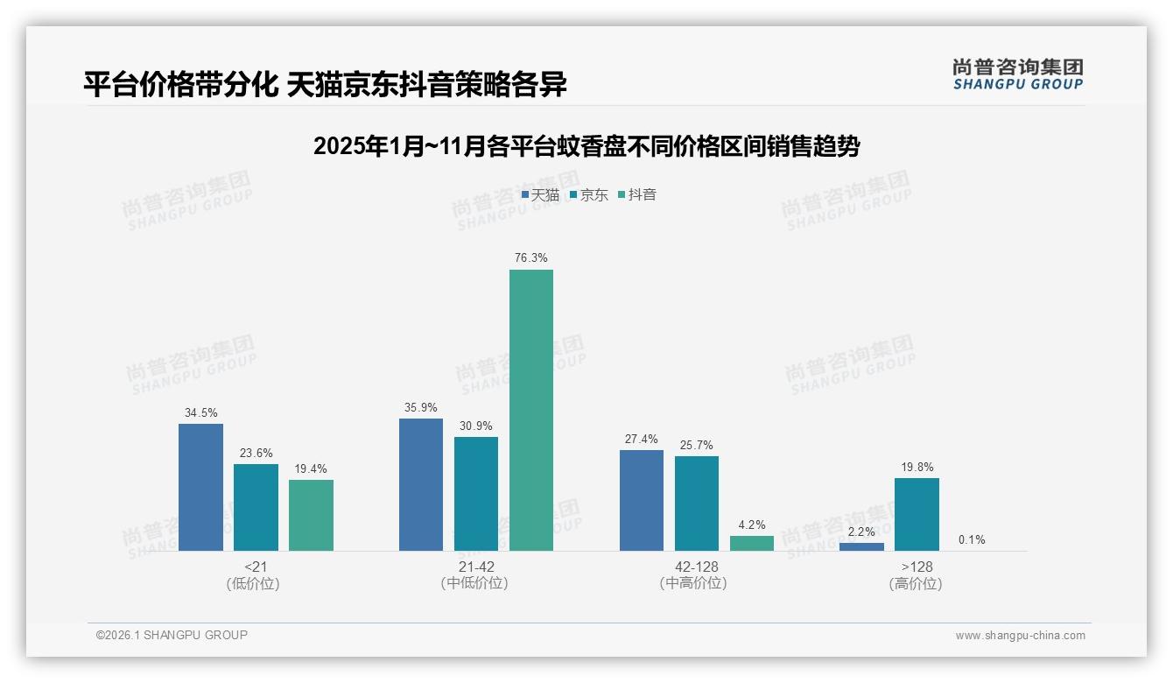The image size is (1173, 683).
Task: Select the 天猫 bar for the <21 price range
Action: coord(200,487)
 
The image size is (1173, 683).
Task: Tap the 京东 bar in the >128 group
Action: coord(917,514)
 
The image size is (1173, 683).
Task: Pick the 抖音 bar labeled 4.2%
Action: coord(752,543)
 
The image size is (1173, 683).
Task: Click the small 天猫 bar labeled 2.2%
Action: coord(861,546)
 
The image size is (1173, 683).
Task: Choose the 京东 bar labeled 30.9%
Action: coord(476,494)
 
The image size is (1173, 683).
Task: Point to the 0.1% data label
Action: coord(972,539)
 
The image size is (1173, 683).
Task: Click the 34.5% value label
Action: coord(200,412)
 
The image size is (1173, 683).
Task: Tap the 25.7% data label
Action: coord(697,445)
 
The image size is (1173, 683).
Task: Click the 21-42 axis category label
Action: coord(475,567)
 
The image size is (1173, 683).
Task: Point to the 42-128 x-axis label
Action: coord(696,567)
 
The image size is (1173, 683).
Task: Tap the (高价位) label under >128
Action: coord(916,583)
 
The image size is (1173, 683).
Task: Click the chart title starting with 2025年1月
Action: coord(586,146)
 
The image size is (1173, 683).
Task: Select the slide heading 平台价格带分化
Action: coord(325,85)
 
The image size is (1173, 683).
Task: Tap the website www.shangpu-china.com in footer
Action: coord(1020,635)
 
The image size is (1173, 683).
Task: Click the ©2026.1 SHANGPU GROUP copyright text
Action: coord(172,635)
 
